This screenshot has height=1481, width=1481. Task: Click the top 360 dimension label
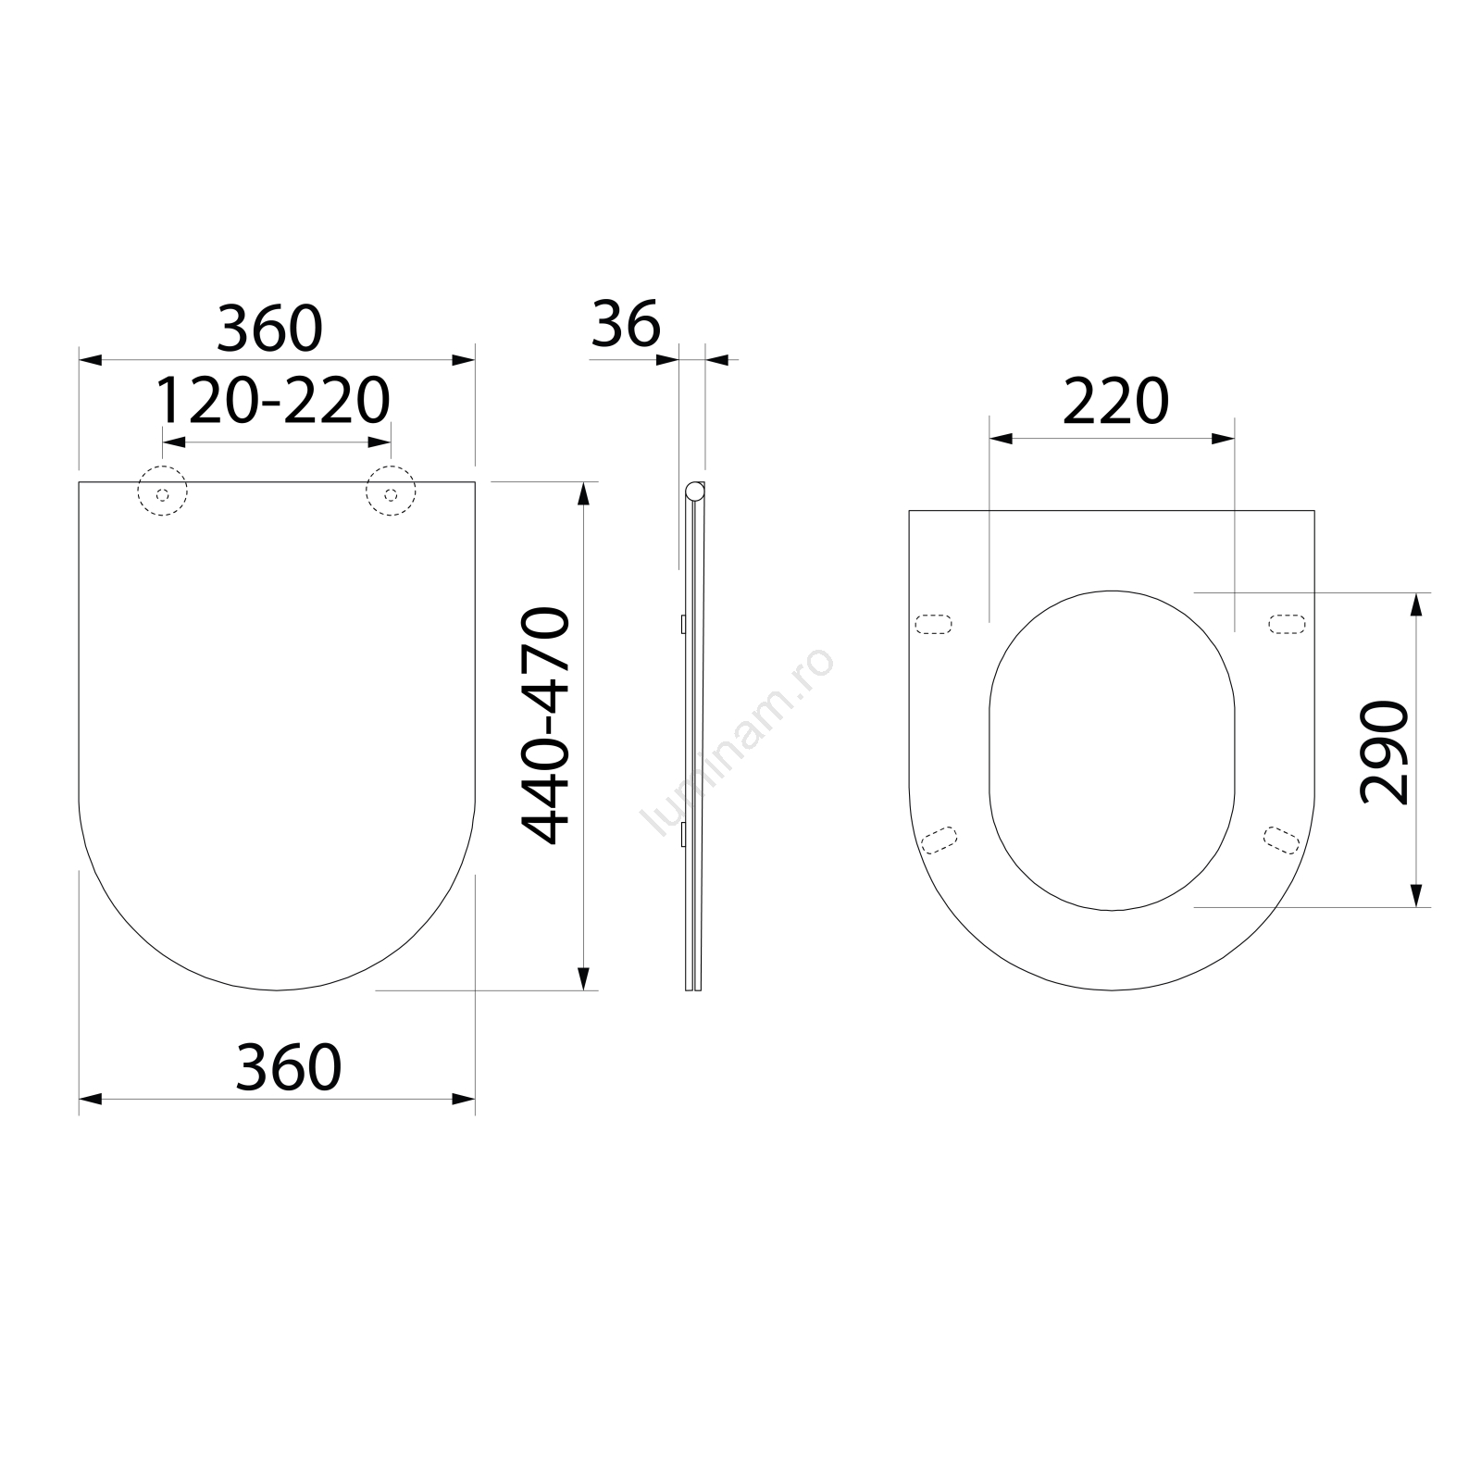click(269, 329)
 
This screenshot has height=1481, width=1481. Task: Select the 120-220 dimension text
click(272, 401)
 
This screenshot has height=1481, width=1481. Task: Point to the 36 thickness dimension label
click(627, 324)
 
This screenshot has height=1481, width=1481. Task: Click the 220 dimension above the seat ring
click(1116, 402)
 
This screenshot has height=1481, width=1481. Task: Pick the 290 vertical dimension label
click(1384, 752)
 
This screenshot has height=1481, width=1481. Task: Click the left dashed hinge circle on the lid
click(163, 493)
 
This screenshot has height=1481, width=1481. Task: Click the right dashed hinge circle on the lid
click(391, 493)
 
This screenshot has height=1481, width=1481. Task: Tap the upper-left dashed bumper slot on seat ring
click(933, 625)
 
